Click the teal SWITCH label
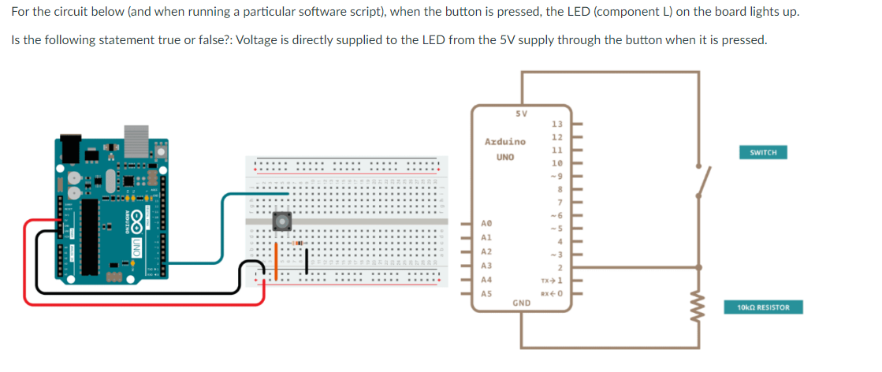[x=763, y=152]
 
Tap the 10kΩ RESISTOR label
[x=763, y=307]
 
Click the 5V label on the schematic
[x=521, y=113]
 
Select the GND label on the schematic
[x=521, y=302]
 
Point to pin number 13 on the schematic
[x=556, y=124]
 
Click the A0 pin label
[x=486, y=223]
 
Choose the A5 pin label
[x=486, y=293]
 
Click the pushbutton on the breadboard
[x=281, y=221]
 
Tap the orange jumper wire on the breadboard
[x=276, y=259]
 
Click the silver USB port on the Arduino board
[x=136, y=134]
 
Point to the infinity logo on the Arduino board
[x=136, y=219]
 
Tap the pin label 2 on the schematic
[x=557, y=268]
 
